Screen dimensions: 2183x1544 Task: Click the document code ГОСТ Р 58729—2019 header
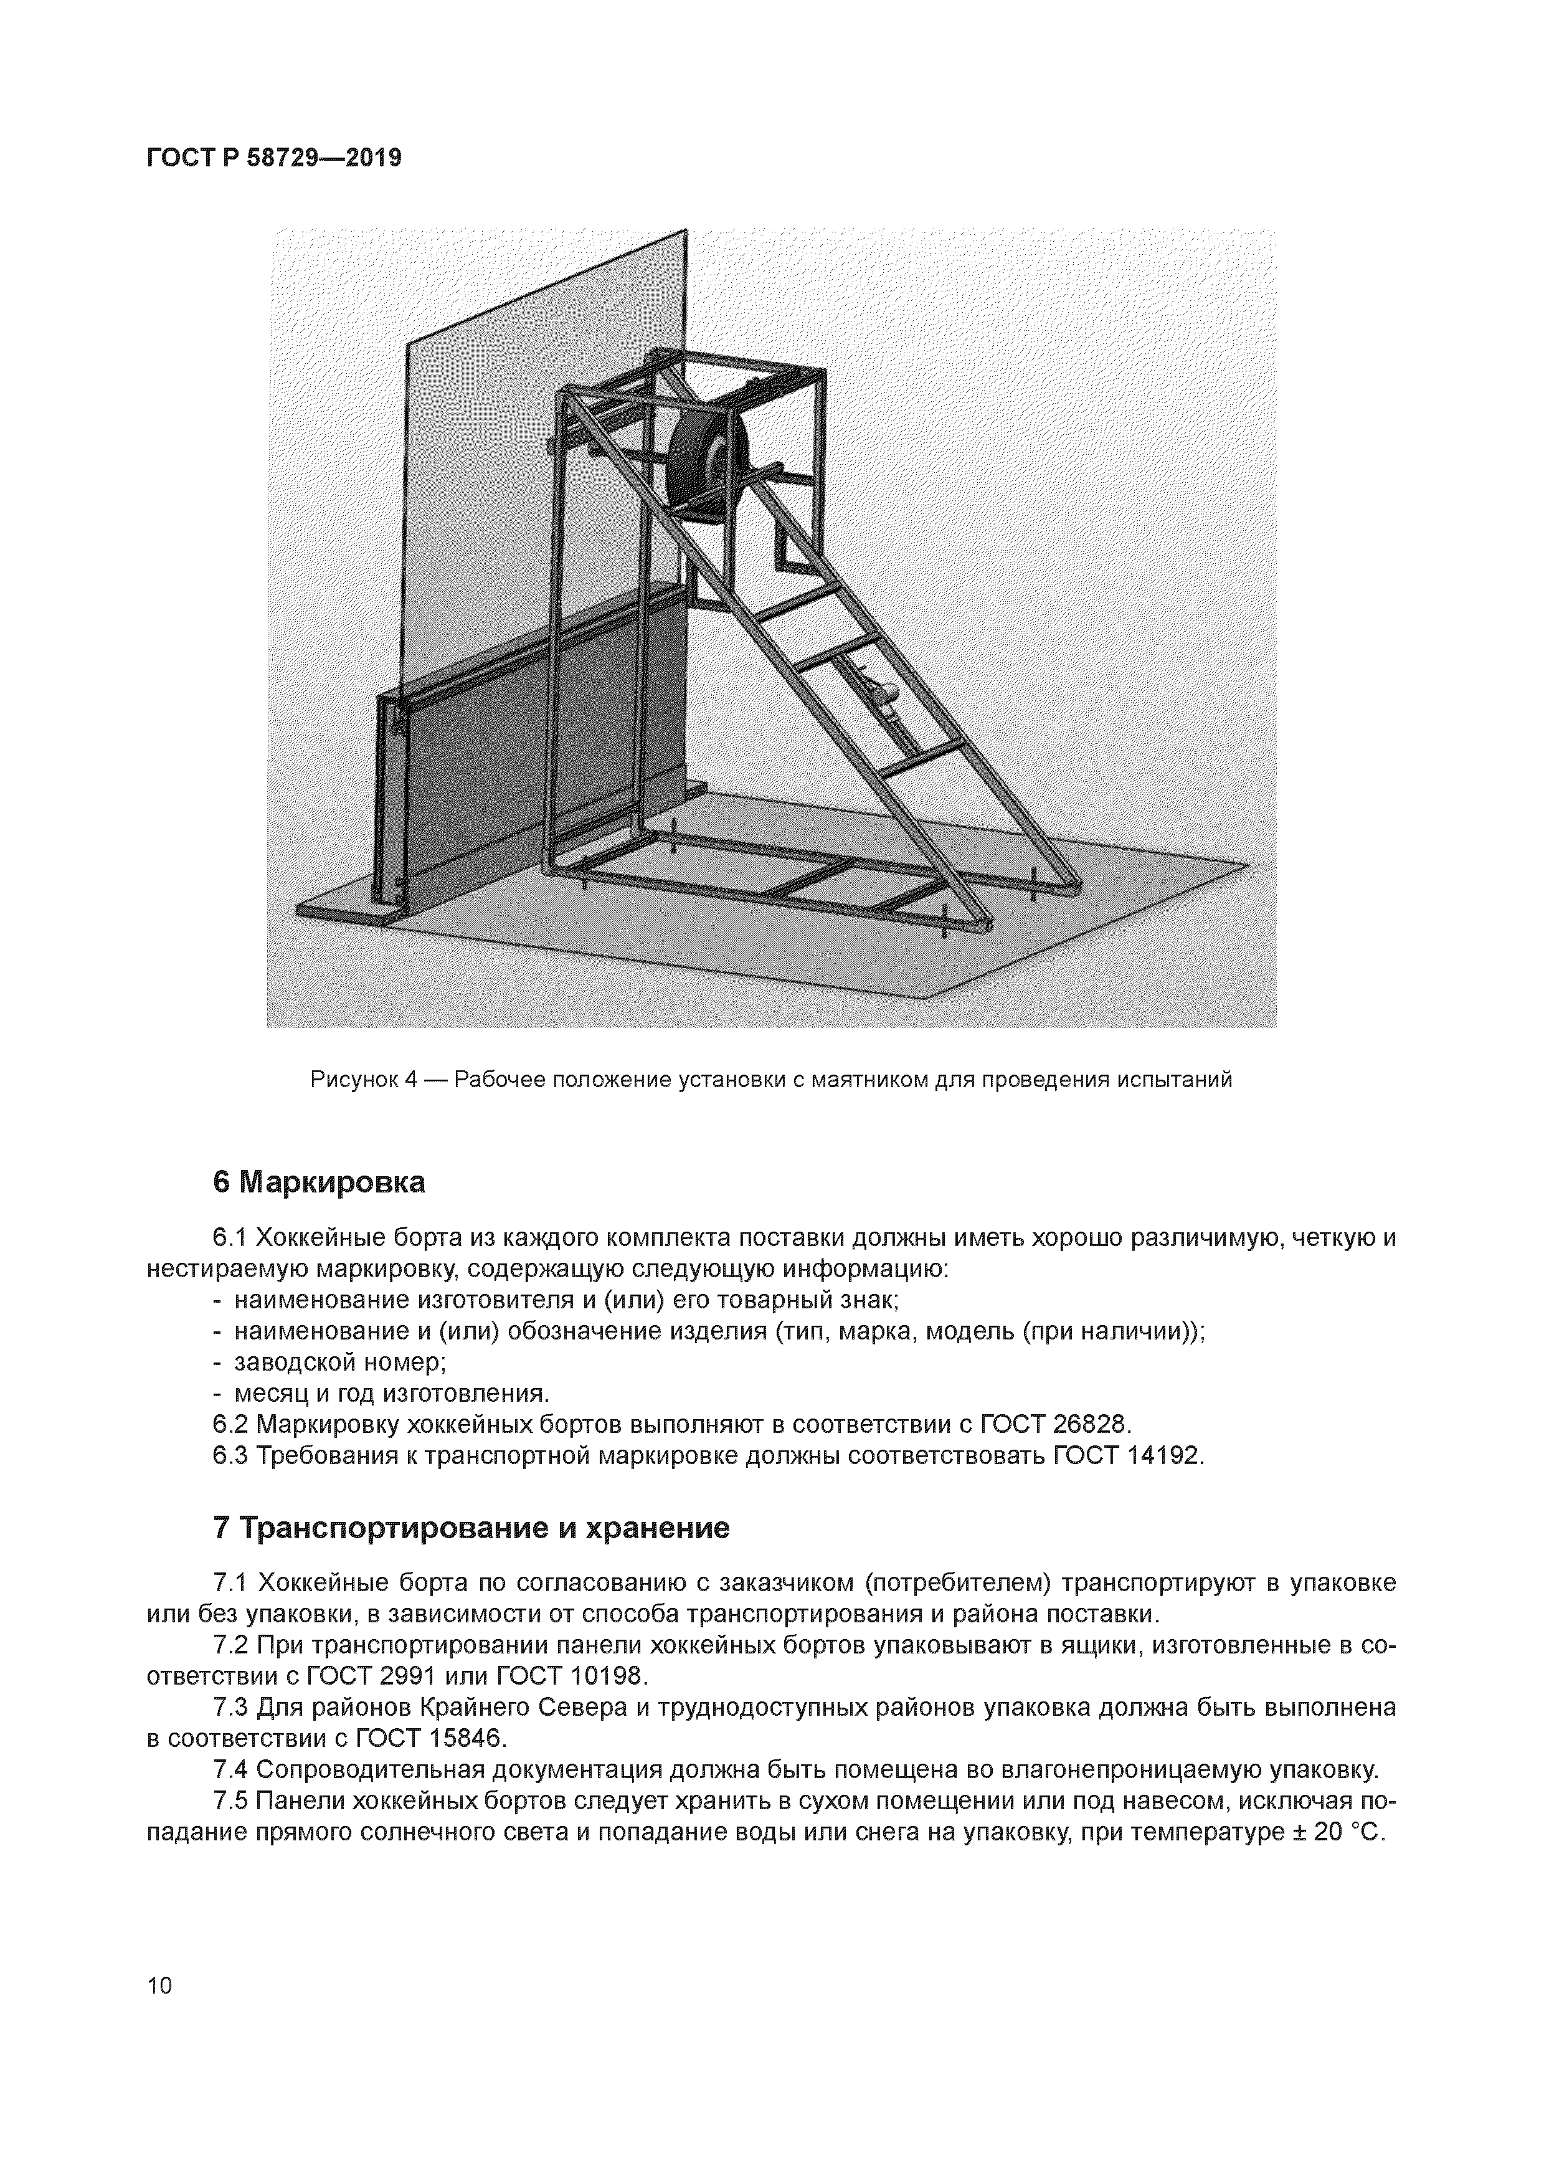pos(274,158)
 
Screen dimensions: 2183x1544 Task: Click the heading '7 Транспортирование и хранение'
pos(471,1528)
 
